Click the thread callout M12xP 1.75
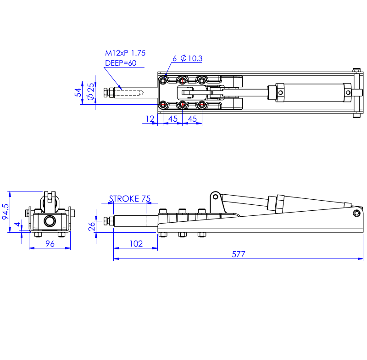tap(125, 53)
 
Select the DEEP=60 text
tap(121, 63)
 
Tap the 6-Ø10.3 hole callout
tap(188, 58)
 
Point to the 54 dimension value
tap(78, 92)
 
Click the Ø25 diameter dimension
tap(90, 91)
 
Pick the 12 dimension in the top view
tap(150, 119)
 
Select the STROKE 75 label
tap(130, 199)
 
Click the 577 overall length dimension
tap(239, 254)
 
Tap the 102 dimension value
tap(136, 243)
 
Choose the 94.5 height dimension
tap(6, 212)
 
